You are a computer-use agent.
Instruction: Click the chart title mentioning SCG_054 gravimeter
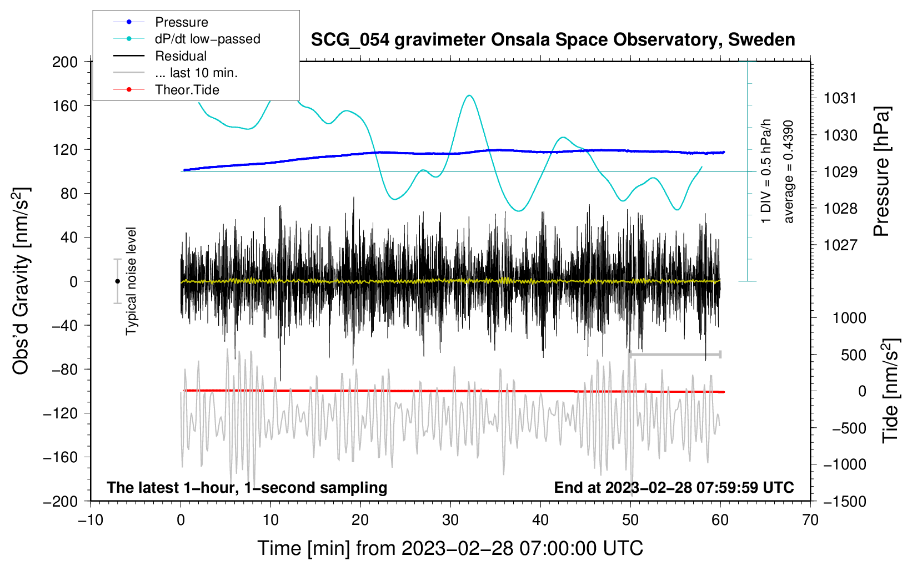553,40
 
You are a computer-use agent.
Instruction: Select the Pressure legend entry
181,22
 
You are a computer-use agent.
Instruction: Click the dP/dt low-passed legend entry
207,39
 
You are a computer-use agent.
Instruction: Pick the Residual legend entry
181,56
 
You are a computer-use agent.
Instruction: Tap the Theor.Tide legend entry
187,90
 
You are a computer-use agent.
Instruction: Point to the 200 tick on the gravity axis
65,62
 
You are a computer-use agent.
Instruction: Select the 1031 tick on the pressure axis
840,98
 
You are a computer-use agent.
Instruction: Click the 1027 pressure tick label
840,245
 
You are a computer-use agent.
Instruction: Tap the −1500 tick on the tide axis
844,501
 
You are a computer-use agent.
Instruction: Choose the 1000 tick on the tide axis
849,317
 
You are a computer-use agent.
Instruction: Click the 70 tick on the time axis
810,520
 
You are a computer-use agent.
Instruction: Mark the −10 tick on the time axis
91,520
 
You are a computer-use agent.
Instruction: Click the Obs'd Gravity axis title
21,281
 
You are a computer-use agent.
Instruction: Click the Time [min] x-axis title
450,548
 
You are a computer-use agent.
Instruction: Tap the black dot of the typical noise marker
117,281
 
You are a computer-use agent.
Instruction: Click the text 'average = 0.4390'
789,171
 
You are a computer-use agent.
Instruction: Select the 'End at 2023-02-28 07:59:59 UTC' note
674,487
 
